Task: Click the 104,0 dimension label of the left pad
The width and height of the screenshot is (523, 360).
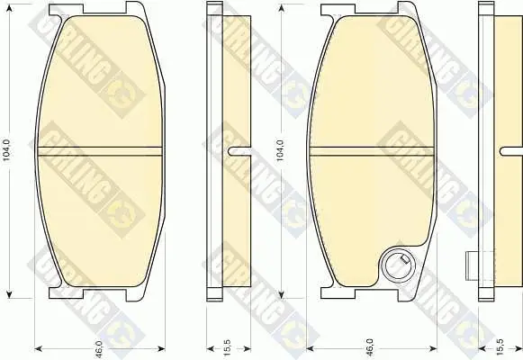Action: point(7,150)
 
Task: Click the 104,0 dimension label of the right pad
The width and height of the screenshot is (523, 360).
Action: point(280,150)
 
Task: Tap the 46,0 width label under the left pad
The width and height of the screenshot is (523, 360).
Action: point(100,348)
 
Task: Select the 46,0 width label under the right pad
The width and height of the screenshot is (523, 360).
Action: point(371,348)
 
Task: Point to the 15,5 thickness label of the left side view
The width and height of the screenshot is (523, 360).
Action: point(229,348)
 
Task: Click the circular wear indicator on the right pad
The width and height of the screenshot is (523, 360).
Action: point(398,265)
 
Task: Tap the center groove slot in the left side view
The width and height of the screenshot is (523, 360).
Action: point(239,151)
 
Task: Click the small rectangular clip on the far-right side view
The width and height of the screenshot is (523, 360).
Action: point(473,266)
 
